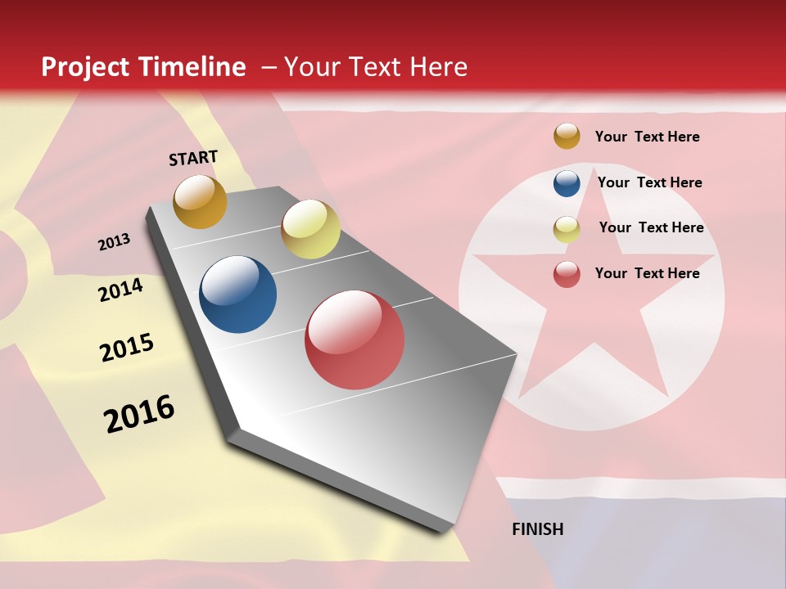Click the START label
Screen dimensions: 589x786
coord(193,158)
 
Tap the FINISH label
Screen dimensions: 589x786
coord(538,529)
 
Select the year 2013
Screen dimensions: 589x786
coord(114,242)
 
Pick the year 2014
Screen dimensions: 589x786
coord(120,290)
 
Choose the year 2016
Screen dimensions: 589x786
coord(139,414)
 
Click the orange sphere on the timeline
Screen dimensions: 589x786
coord(200,202)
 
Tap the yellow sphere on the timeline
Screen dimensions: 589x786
coord(310,229)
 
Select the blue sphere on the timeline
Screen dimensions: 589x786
coord(238,294)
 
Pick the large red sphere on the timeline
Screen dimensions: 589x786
coord(355,339)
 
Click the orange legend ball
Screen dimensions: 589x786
coord(567,137)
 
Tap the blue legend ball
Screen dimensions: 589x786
coord(567,183)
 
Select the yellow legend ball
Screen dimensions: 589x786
coord(567,229)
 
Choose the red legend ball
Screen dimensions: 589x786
coord(567,274)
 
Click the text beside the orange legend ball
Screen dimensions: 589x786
coord(648,137)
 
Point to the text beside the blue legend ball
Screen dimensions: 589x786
coord(650,182)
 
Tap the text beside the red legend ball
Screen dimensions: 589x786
coord(648,273)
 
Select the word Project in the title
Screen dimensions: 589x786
coord(86,67)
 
